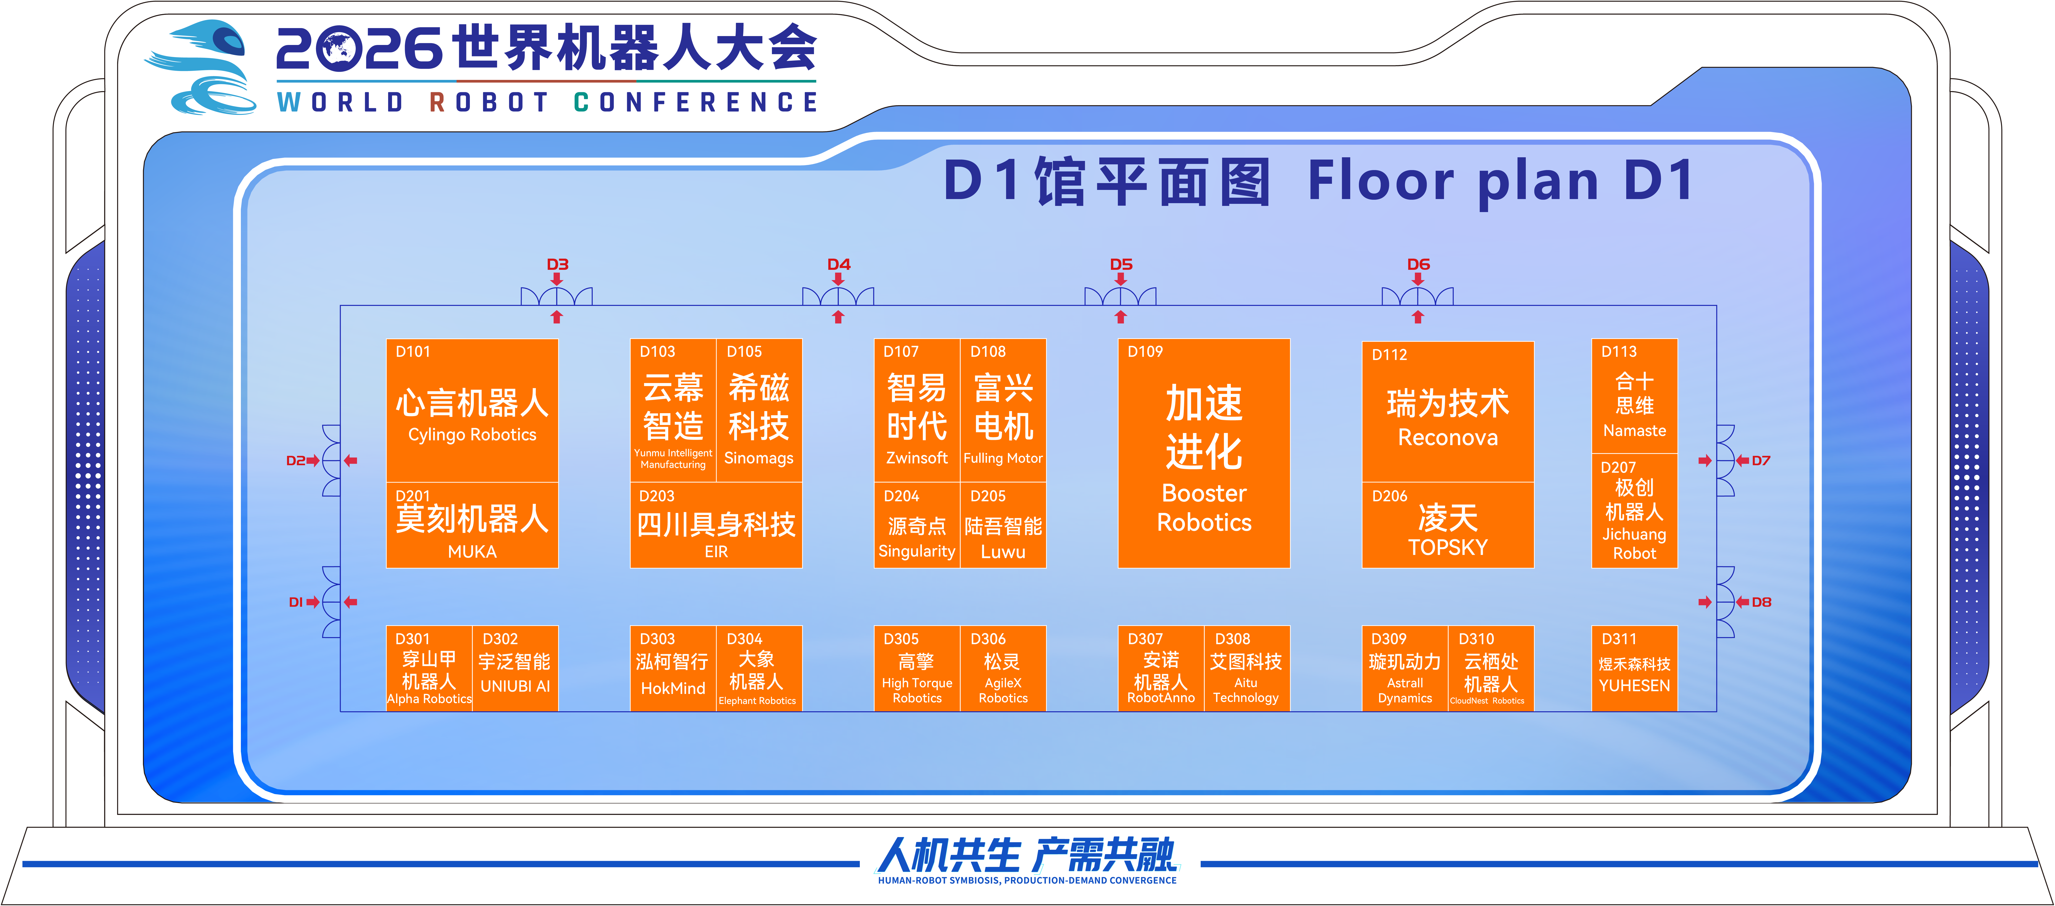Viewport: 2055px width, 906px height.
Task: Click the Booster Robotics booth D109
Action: [1204, 453]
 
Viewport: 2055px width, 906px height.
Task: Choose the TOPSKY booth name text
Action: [1448, 547]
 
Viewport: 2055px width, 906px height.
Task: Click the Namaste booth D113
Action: [1635, 396]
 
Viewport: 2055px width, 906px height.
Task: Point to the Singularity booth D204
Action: [917, 525]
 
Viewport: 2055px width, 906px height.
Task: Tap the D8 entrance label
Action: [1761, 602]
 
